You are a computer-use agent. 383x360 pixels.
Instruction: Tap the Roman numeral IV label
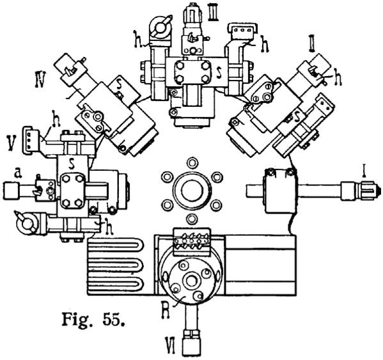pos(40,79)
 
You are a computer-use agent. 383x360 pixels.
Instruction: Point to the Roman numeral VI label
pos(170,345)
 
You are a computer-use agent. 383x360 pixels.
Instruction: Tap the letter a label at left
pos(17,173)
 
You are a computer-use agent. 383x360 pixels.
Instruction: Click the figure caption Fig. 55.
pos(93,320)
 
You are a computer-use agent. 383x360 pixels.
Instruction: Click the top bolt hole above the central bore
pos(192,163)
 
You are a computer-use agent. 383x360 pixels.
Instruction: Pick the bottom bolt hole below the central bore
pos(192,218)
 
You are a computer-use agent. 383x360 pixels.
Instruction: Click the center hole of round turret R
pos(191,280)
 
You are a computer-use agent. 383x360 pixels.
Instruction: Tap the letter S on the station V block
pos(72,164)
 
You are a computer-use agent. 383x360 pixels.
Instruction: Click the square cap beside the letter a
pos(12,191)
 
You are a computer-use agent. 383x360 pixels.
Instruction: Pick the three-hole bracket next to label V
pos(31,141)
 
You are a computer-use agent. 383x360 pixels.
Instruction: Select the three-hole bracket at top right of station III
pos(242,31)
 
